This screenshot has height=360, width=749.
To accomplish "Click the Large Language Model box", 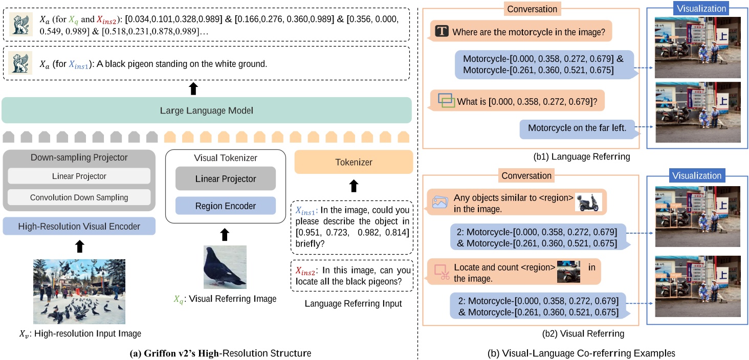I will pyautogui.click(x=206, y=110).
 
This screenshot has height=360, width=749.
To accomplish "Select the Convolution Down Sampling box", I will pyautogui.click(x=79, y=197).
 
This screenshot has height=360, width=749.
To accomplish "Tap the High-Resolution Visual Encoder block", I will pyautogui.click(x=79, y=226).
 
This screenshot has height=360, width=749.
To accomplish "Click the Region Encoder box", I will pyautogui.click(x=225, y=206).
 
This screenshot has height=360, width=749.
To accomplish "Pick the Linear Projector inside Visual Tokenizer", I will pyautogui.click(x=225, y=179).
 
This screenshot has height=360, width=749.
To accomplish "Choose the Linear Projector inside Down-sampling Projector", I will pyautogui.click(x=79, y=176).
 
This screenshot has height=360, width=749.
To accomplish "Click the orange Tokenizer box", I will pyautogui.click(x=354, y=162).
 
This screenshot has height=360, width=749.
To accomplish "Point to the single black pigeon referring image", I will pyautogui.click(x=225, y=266).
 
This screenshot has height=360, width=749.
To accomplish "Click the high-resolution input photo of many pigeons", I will pyautogui.click(x=79, y=291).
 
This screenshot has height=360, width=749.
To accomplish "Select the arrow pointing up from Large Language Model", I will pyautogui.click(x=193, y=88).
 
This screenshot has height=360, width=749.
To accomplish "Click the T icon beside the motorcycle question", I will pyautogui.click(x=442, y=32).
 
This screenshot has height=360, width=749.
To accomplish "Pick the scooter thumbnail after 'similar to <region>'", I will pyautogui.click(x=588, y=202).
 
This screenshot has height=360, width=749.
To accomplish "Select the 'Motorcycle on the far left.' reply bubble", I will pyautogui.click(x=577, y=128).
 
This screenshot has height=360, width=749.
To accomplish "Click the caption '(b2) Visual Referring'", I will pyautogui.click(x=583, y=334).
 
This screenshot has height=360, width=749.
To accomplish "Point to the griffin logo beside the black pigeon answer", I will pyautogui.click(x=20, y=64).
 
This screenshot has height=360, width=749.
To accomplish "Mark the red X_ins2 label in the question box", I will pyautogui.click(x=305, y=271).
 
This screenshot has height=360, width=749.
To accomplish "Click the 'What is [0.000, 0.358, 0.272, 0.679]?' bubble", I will pyautogui.click(x=517, y=101).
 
